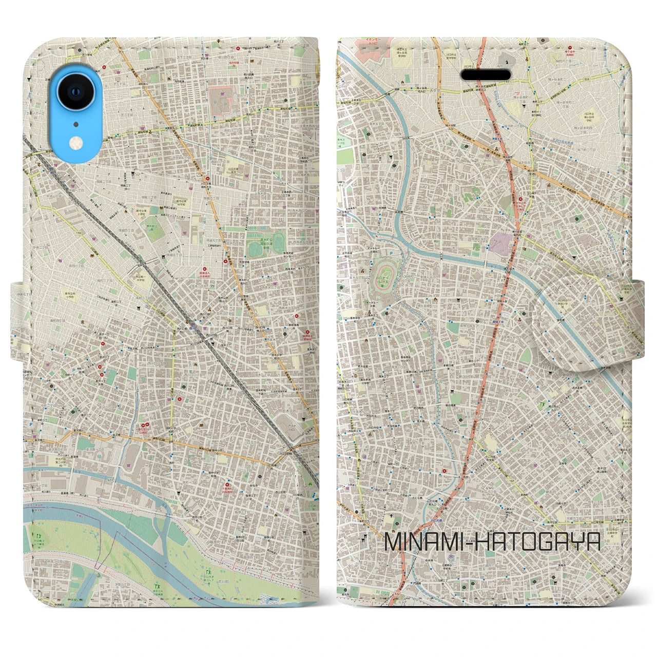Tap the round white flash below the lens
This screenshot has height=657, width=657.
(x=75, y=140)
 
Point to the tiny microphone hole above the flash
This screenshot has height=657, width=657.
(x=75, y=124)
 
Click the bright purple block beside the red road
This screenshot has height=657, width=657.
(x=498, y=243)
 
